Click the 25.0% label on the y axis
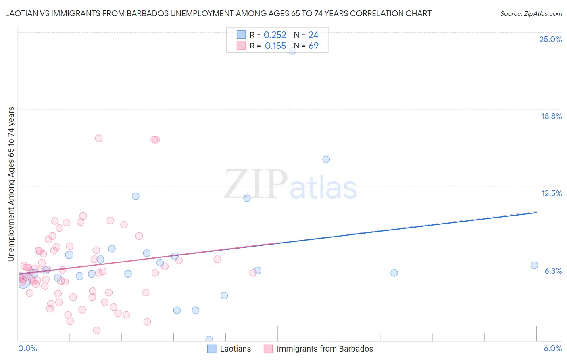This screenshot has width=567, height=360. (x=550, y=39)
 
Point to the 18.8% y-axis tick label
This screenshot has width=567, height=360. (x=551, y=116)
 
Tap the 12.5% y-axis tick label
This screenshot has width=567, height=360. (x=551, y=193)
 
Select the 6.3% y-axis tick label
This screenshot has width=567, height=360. (x=553, y=271)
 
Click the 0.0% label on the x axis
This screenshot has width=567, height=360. (x=27, y=348)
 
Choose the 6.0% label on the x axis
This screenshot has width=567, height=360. (x=552, y=348)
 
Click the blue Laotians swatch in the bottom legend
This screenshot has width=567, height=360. (x=212, y=349)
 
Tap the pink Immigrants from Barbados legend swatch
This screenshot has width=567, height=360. (x=268, y=349)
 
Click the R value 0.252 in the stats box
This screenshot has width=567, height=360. (x=275, y=35)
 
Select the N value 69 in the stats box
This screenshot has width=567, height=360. (x=313, y=46)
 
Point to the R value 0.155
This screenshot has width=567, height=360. (x=275, y=46)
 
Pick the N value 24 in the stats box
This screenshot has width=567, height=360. (x=313, y=35)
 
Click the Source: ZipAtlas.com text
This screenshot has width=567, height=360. (x=531, y=14)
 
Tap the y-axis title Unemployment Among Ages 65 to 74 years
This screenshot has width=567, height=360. (x=11, y=184)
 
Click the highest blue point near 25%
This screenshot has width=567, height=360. (x=292, y=51)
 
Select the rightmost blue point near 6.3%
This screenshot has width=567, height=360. (x=534, y=265)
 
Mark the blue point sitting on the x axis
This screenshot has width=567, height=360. (x=209, y=339)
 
